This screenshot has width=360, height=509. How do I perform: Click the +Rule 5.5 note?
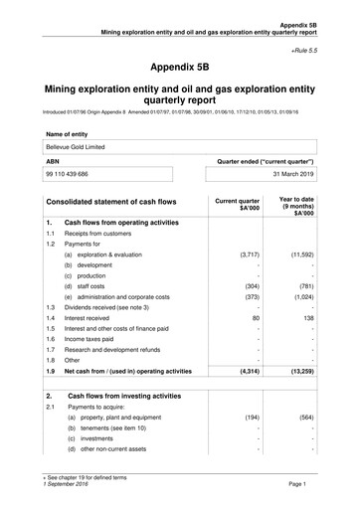[x=328, y=48]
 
